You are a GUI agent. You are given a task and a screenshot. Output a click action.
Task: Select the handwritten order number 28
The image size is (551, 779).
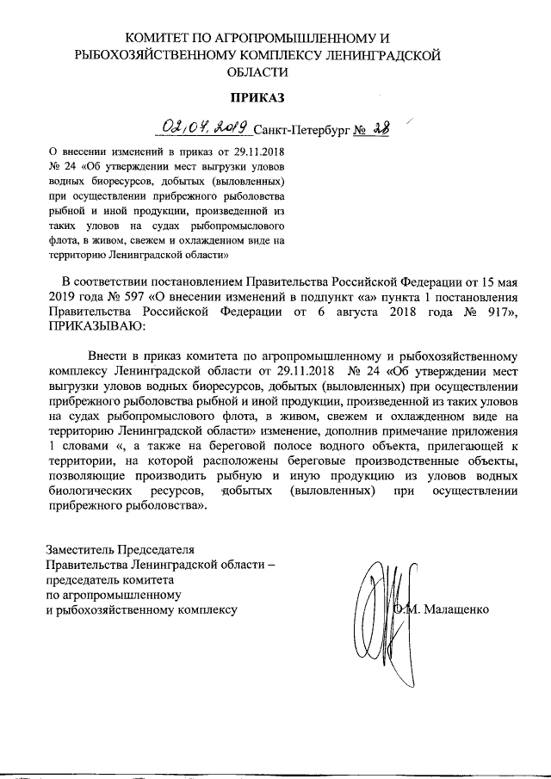[x=378, y=129]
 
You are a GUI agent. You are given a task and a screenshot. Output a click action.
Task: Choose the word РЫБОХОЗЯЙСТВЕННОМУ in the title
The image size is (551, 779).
[x=152, y=56]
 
